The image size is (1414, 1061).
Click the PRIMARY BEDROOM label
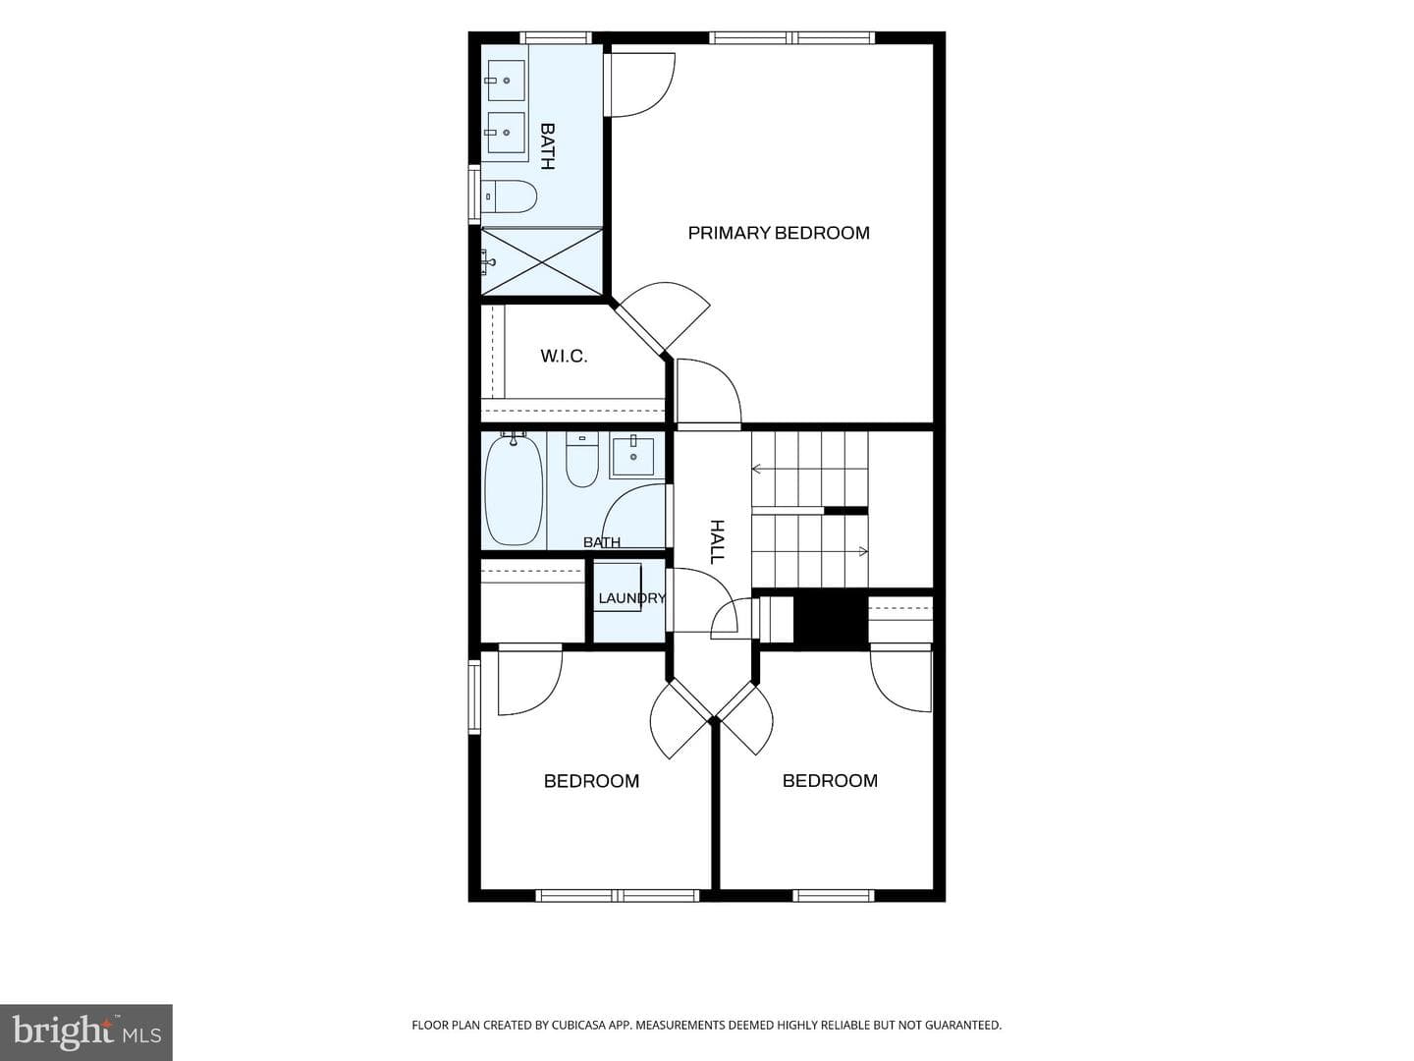[778, 233]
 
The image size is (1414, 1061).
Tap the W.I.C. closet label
[564, 357]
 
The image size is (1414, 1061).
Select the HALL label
[717, 541]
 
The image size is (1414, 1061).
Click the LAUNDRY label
[631, 598]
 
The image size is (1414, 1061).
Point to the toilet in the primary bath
[510, 196]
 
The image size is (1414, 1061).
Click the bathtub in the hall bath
[514, 491]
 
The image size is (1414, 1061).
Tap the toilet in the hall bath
[581, 459]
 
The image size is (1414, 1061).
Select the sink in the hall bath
[632, 456]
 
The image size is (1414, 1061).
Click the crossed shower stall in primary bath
[542, 261]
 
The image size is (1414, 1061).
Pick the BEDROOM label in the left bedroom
[591, 781]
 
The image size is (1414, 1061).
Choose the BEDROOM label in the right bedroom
[830, 780]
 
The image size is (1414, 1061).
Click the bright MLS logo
[85, 1032]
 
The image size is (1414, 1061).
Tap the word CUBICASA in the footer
[577, 1025]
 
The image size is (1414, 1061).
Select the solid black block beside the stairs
[831, 620]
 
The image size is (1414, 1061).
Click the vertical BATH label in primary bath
[547, 146]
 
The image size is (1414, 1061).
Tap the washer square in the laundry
[617, 587]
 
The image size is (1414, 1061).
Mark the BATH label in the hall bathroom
[602, 542]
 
